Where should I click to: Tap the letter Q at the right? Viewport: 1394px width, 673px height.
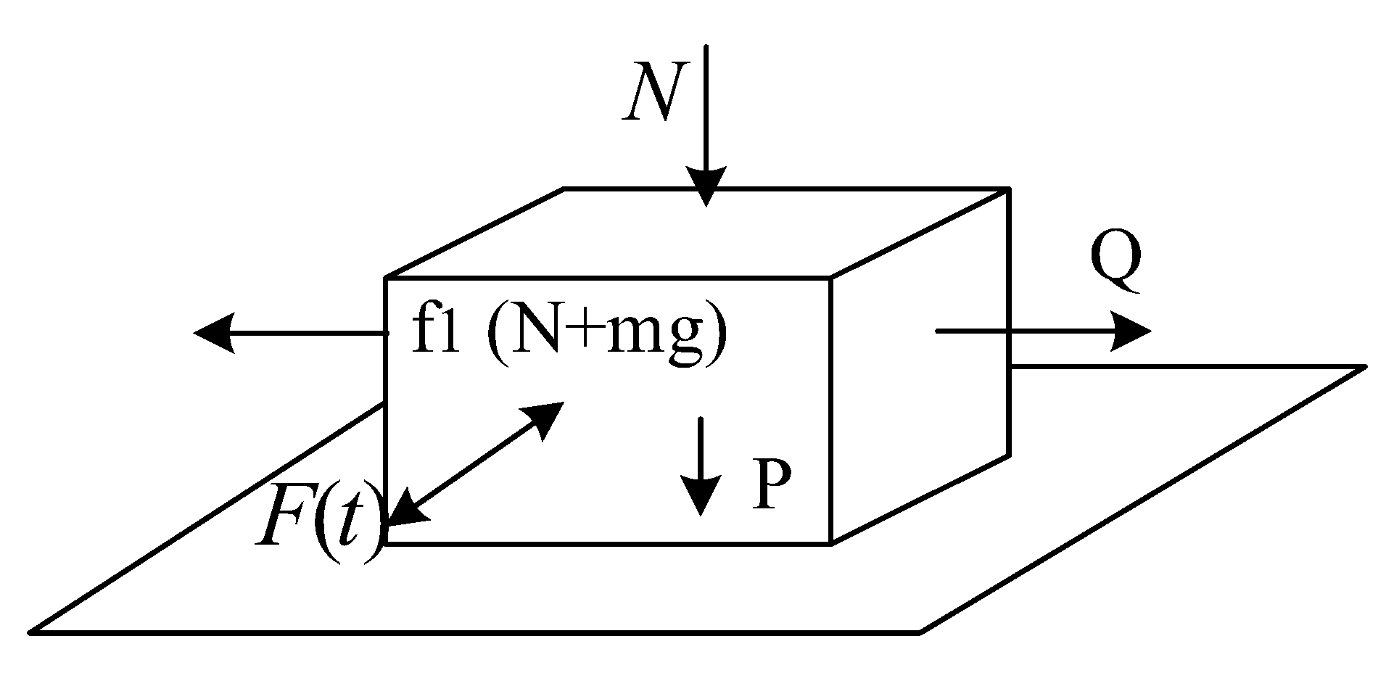pyautogui.click(x=1115, y=263)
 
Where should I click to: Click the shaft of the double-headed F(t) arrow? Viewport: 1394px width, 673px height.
pyautogui.click(x=475, y=464)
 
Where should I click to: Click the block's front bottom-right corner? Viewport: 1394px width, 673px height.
pyautogui.click(x=831, y=542)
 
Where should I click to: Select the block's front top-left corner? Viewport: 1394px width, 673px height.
pyautogui.click(x=385, y=278)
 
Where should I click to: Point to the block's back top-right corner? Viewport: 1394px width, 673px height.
pyautogui.click(x=1008, y=189)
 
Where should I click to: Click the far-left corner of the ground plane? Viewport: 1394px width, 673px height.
pyautogui.click(x=32, y=632)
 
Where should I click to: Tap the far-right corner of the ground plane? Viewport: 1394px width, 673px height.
pyautogui.click(x=1364, y=368)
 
